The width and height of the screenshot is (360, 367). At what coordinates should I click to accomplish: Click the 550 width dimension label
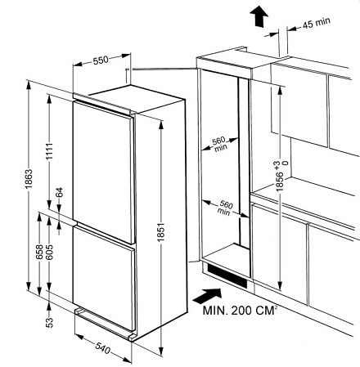pos(101,60)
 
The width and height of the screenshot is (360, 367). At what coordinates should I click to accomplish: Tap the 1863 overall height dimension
pos(29,179)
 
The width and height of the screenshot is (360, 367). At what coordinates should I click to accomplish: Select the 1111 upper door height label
pos(49,151)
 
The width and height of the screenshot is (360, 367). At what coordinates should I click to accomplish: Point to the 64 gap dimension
pos(60,192)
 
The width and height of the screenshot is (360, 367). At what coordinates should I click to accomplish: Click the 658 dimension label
pos(39,252)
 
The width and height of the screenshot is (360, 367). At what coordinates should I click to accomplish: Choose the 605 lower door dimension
pos(49,252)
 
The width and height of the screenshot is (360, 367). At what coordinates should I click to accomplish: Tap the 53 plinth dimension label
pos(49,323)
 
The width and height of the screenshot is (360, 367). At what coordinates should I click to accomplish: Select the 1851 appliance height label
pos(161,232)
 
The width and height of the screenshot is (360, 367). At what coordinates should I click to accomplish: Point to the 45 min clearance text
pos(317,23)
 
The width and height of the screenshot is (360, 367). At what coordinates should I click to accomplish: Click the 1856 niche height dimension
pos(280,181)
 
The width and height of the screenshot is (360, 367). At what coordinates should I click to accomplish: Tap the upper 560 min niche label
pos(219,144)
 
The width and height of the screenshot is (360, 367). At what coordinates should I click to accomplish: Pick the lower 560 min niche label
pos(225,208)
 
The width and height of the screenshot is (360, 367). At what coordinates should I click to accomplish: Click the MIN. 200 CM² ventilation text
pos(238,310)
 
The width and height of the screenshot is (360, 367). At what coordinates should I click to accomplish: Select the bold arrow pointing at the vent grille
pos(207,296)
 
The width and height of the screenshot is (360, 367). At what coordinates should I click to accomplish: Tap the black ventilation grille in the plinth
pos(227,275)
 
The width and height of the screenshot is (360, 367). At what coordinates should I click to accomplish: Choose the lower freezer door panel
pos(104,278)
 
